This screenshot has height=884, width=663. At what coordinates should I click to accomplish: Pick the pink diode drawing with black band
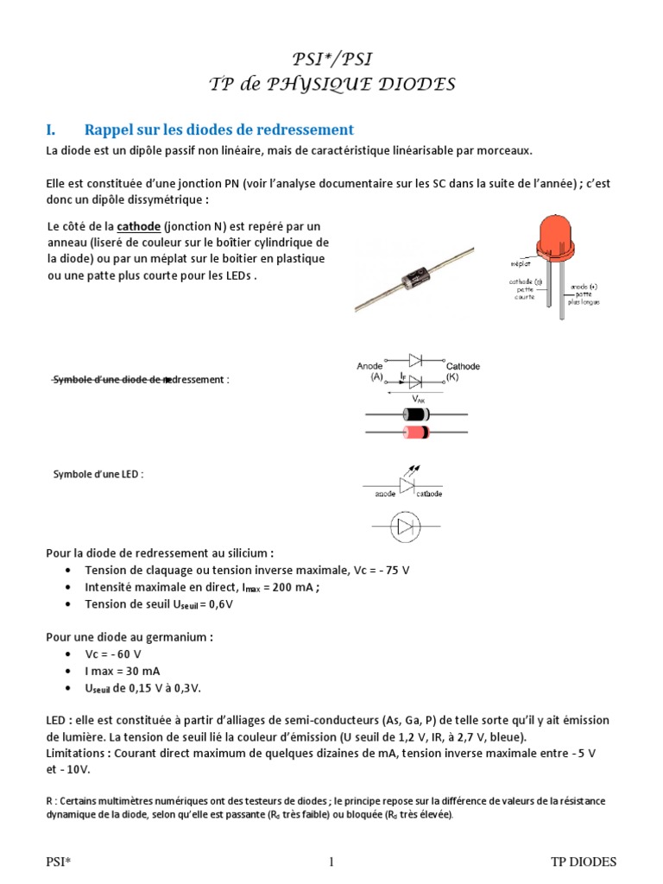pyautogui.click(x=417, y=431)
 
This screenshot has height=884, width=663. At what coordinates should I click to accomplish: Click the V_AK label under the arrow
pyautogui.click(x=419, y=399)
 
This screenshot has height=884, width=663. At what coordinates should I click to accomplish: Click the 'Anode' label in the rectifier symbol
pyautogui.click(x=369, y=366)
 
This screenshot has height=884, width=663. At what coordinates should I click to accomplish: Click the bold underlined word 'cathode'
pyautogui.click(x=138, y=226)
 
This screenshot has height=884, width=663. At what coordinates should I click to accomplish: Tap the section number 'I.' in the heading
pyautogui.click(x=51, y=129)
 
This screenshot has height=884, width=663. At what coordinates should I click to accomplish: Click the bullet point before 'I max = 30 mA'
pyautogui.click(x=68, y=671)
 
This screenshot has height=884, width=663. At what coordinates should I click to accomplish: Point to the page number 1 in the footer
pyautogui.click(x=331, y=862)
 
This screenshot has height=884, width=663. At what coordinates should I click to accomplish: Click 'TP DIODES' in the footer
pyautogui.click(x=584, y=862)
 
